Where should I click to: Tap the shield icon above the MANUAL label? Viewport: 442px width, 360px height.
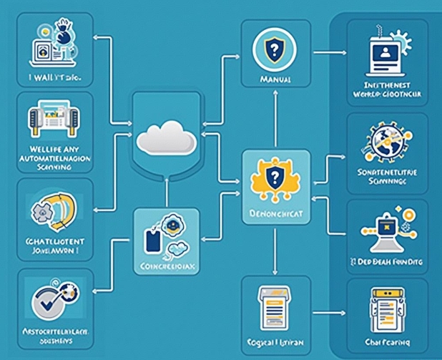(x=272, y=50)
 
